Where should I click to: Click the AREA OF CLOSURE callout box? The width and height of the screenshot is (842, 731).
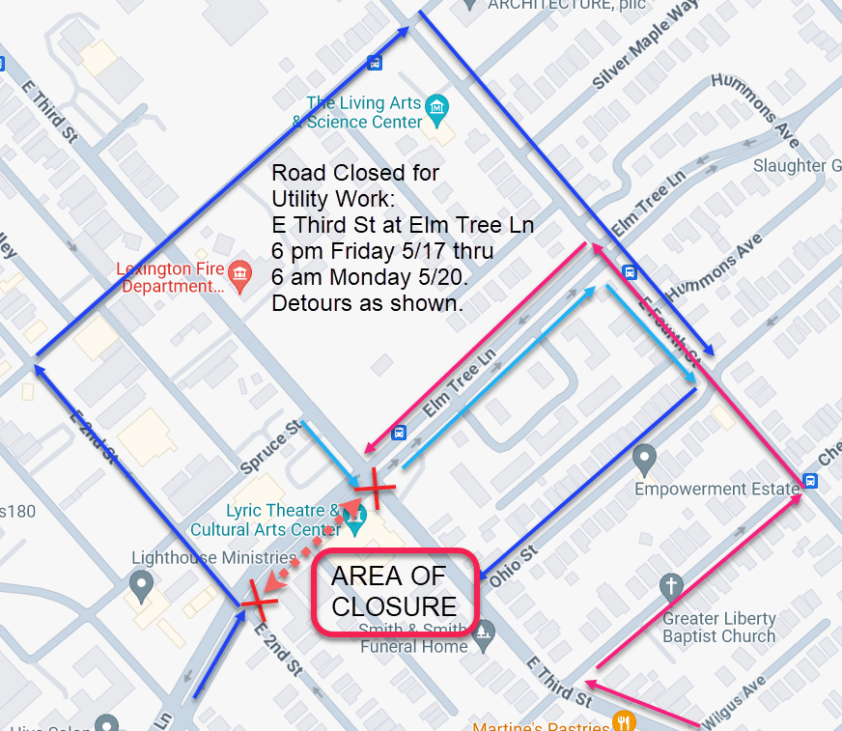(395, 592)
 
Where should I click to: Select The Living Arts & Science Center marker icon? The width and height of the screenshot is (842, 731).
(437, 103)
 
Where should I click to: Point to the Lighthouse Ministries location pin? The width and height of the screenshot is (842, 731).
(142, 583)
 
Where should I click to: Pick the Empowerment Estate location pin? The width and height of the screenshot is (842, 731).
(645, 458)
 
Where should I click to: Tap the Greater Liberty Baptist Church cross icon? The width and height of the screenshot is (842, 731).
(671, 586)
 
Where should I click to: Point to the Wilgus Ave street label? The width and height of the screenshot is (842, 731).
(733, 698)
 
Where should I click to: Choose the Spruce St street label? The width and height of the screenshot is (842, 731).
(274, 446)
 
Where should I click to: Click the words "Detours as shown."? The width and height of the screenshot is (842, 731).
(368, 302)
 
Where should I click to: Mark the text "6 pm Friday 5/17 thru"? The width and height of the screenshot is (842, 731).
(382, 251)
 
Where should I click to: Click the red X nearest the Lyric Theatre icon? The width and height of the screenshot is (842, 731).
(373, 492)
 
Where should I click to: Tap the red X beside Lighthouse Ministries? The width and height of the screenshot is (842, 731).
(257, 599)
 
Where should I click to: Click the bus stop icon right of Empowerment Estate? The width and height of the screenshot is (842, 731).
(809, 481)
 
